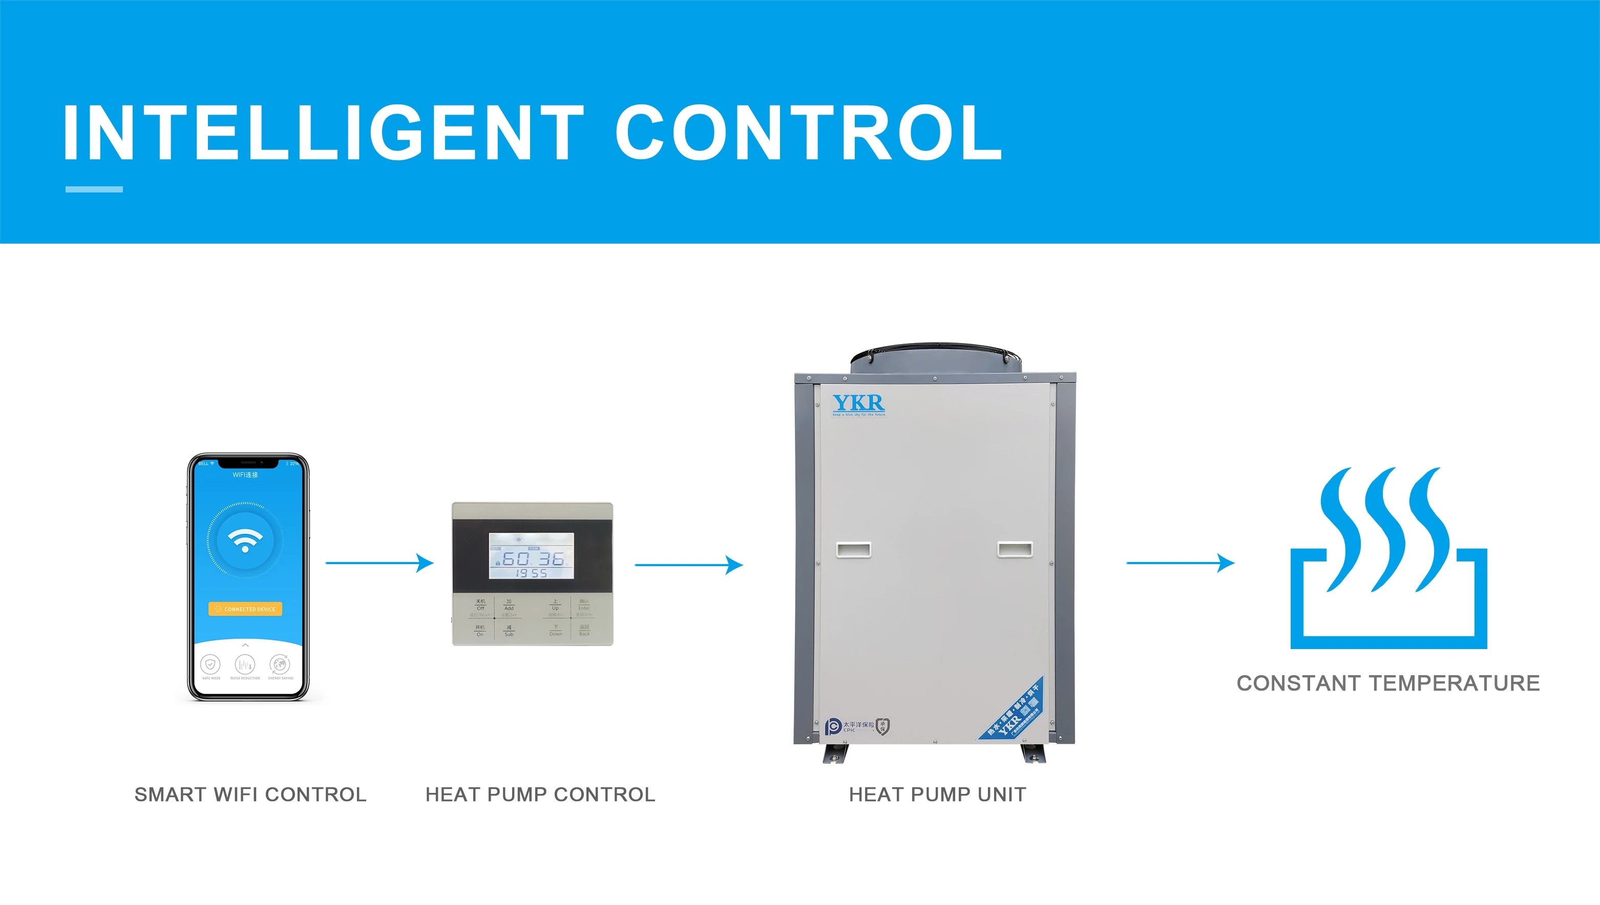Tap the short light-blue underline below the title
click(x=94, y=189)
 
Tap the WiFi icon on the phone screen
click(x=245, y=540)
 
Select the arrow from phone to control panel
click(x=380, y=563)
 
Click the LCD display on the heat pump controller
click(x=531, y=556)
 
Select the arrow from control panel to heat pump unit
click(x=688, y=565)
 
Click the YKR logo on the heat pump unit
click(x=858, y=404)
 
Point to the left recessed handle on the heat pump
click(x=853, y=549)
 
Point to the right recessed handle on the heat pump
click(x=1015, y=549)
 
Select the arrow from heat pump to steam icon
click(x=1180, y=563)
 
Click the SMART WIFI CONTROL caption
click(x=250, y=794)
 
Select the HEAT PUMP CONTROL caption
click(x=540, y=794)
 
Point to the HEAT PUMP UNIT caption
click(x=938, y=794)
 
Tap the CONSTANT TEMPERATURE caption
click(x=1388, y=683)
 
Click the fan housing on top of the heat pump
click(x=936, y=357)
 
